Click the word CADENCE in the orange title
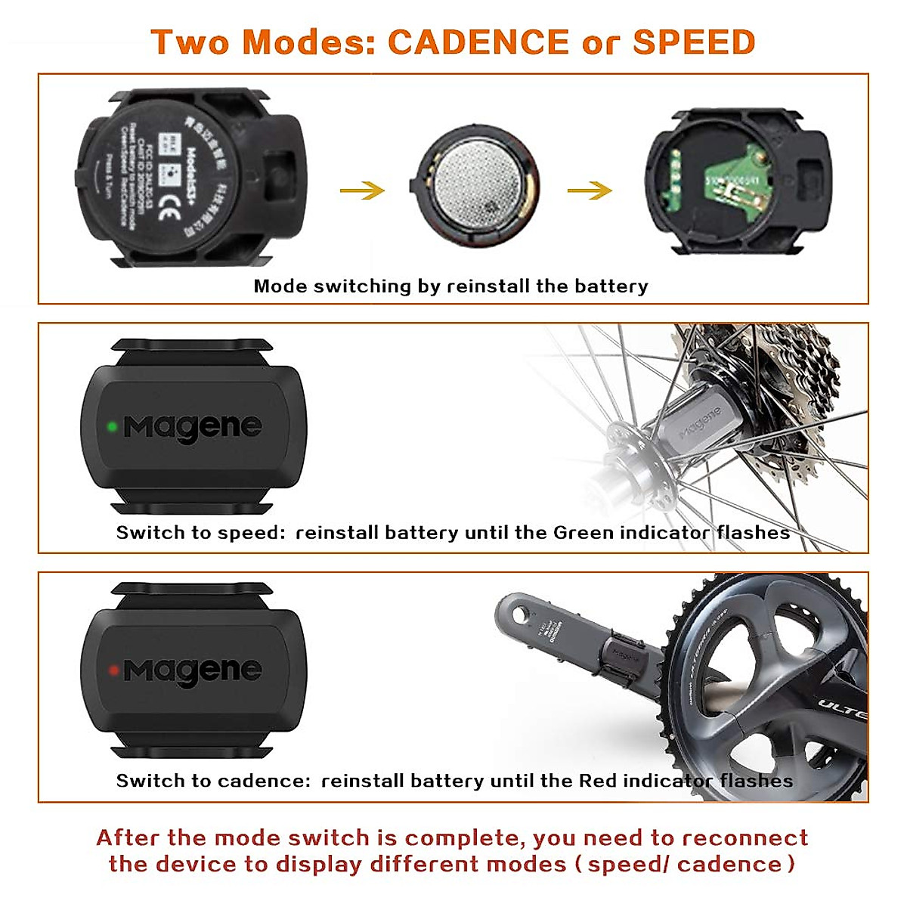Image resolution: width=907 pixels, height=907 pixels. pos(478,42)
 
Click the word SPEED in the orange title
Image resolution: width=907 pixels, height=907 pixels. pos(694,42)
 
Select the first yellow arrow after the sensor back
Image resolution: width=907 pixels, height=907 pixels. pos(362,190)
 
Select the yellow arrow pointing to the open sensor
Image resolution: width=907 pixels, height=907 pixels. pos(590,190)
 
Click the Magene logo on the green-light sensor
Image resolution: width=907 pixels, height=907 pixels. pos(193,428)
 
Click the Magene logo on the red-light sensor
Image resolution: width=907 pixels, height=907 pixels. pos(193,671)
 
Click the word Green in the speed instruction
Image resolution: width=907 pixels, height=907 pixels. pos(583,533)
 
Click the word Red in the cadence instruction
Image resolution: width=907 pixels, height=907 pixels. pos(597,781)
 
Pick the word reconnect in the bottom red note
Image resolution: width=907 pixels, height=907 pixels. pos(744,838)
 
